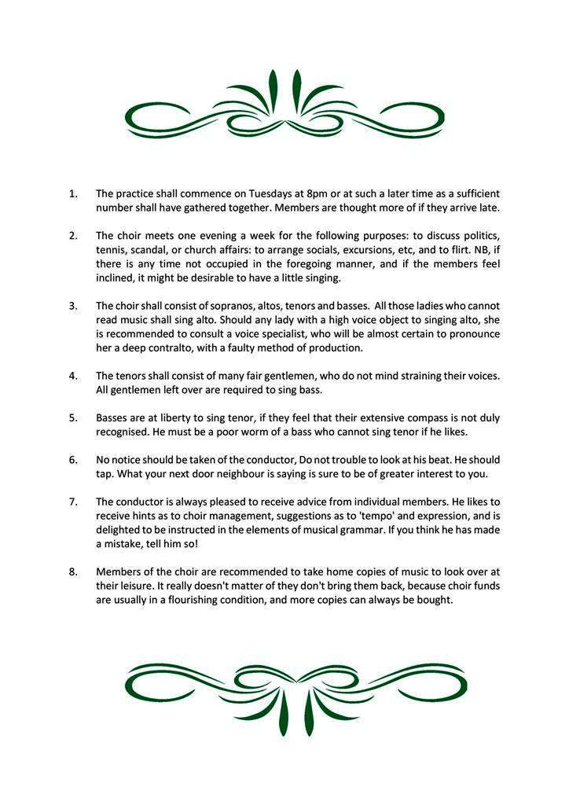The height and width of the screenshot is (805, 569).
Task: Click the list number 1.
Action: [73, 193]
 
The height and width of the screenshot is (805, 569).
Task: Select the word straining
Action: [409, 376]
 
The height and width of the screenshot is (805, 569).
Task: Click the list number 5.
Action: [73, 418]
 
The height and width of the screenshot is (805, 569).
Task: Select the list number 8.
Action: [73, 572]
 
